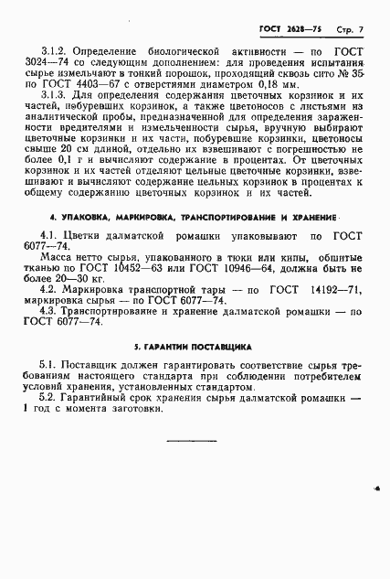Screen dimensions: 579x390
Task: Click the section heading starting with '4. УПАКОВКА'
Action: pyautogui.click(x=193, y=220)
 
